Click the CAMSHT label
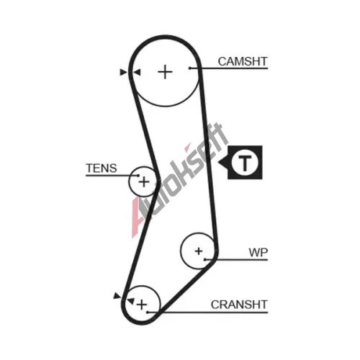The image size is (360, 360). coord(243,61)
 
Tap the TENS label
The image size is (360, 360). coord(102,168)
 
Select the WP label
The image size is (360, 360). coord(258,252)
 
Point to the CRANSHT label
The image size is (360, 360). coord(239,305)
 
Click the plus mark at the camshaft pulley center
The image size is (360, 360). coord(165,72)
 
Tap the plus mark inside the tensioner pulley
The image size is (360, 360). coord(144,181)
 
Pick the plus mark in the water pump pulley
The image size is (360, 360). coord(199,251)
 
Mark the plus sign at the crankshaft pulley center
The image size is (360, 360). coord(142,305)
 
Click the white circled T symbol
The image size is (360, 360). coord(245,162)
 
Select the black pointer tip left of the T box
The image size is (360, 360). coord(218,162)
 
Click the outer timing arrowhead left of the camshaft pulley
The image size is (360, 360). coord(123,72)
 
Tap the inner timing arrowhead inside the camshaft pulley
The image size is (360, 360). coord(137,72)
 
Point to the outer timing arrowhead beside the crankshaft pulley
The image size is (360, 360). coord(117,296)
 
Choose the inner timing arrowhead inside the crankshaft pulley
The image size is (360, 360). coord(130,301)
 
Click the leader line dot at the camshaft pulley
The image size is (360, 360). coord(189,68)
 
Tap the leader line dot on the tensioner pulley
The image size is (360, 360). coord(138,176)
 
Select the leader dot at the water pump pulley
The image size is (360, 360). coord(204,259)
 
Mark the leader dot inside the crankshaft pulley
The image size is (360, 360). coord(148,312)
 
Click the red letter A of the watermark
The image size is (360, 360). coord(138,217)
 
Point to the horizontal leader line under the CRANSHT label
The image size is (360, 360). coord(207,312)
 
